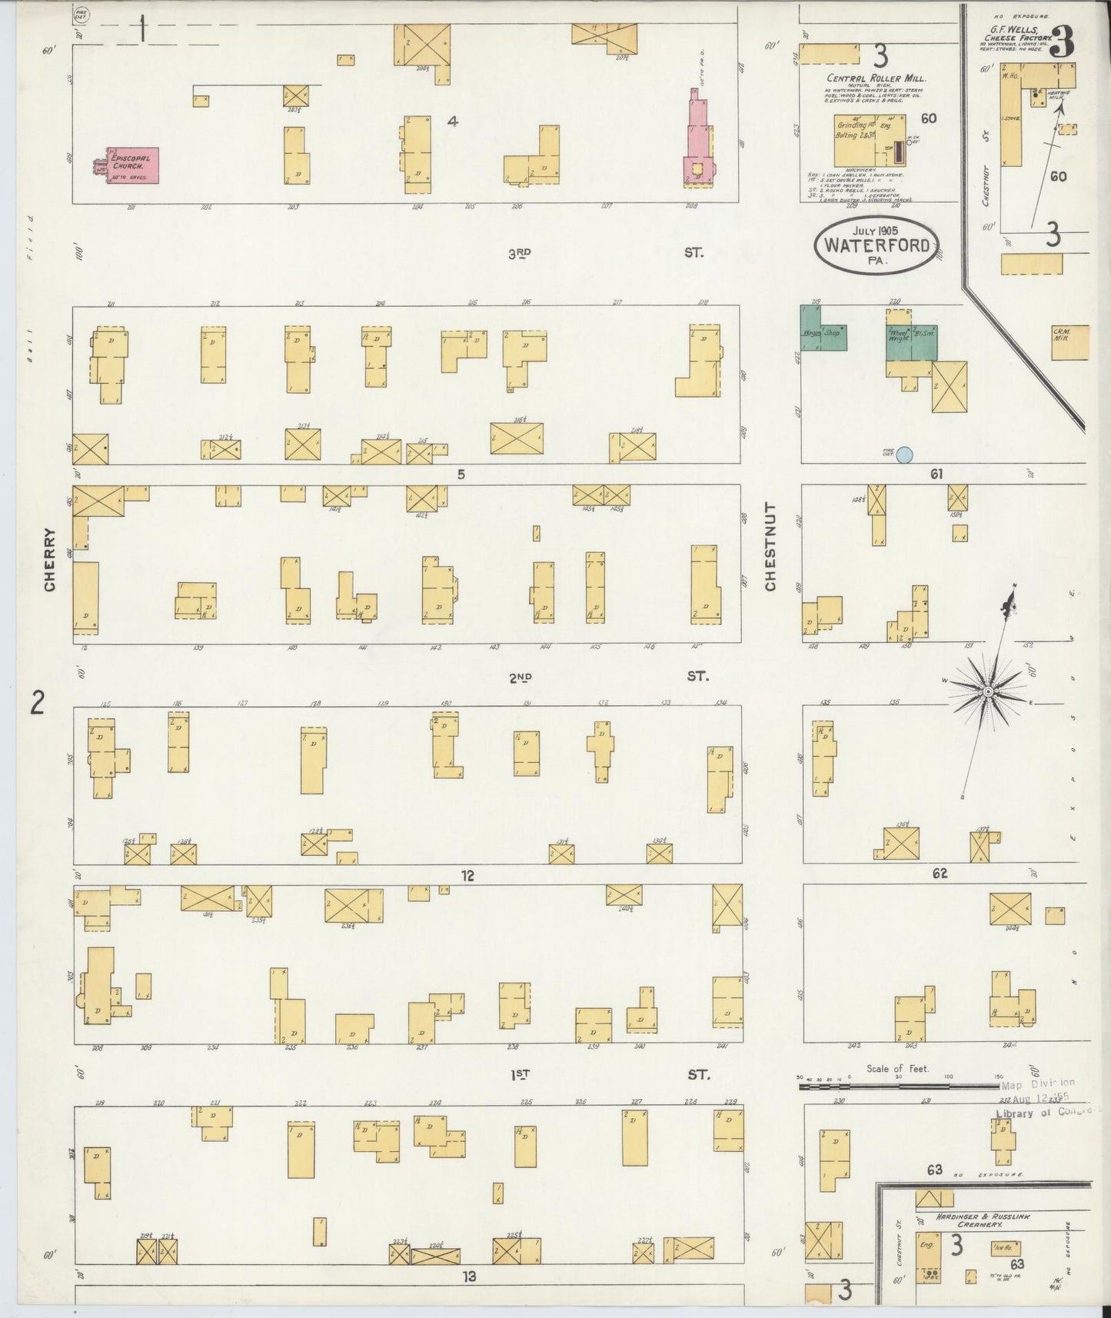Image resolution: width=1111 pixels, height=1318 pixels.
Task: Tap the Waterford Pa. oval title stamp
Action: pos(876,245)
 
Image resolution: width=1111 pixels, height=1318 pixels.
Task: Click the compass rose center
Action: pos(987,691)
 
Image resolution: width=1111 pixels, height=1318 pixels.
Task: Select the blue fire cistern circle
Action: pos(905,454)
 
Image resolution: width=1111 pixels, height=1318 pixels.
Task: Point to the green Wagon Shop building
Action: pos(824,331)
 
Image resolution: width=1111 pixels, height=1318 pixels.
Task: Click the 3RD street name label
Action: pos(521,253)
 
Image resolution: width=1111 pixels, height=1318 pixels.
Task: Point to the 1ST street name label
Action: pos(521,1074)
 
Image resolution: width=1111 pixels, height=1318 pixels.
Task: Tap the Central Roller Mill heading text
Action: pos(876,78)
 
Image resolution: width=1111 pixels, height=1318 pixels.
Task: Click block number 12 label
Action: pos(467,876)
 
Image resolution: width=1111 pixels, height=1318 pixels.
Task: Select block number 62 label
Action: pos(940,874)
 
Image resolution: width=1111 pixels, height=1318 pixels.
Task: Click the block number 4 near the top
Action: pos(454,121)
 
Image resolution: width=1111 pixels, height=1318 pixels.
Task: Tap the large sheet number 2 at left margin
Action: pos(37,703)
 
